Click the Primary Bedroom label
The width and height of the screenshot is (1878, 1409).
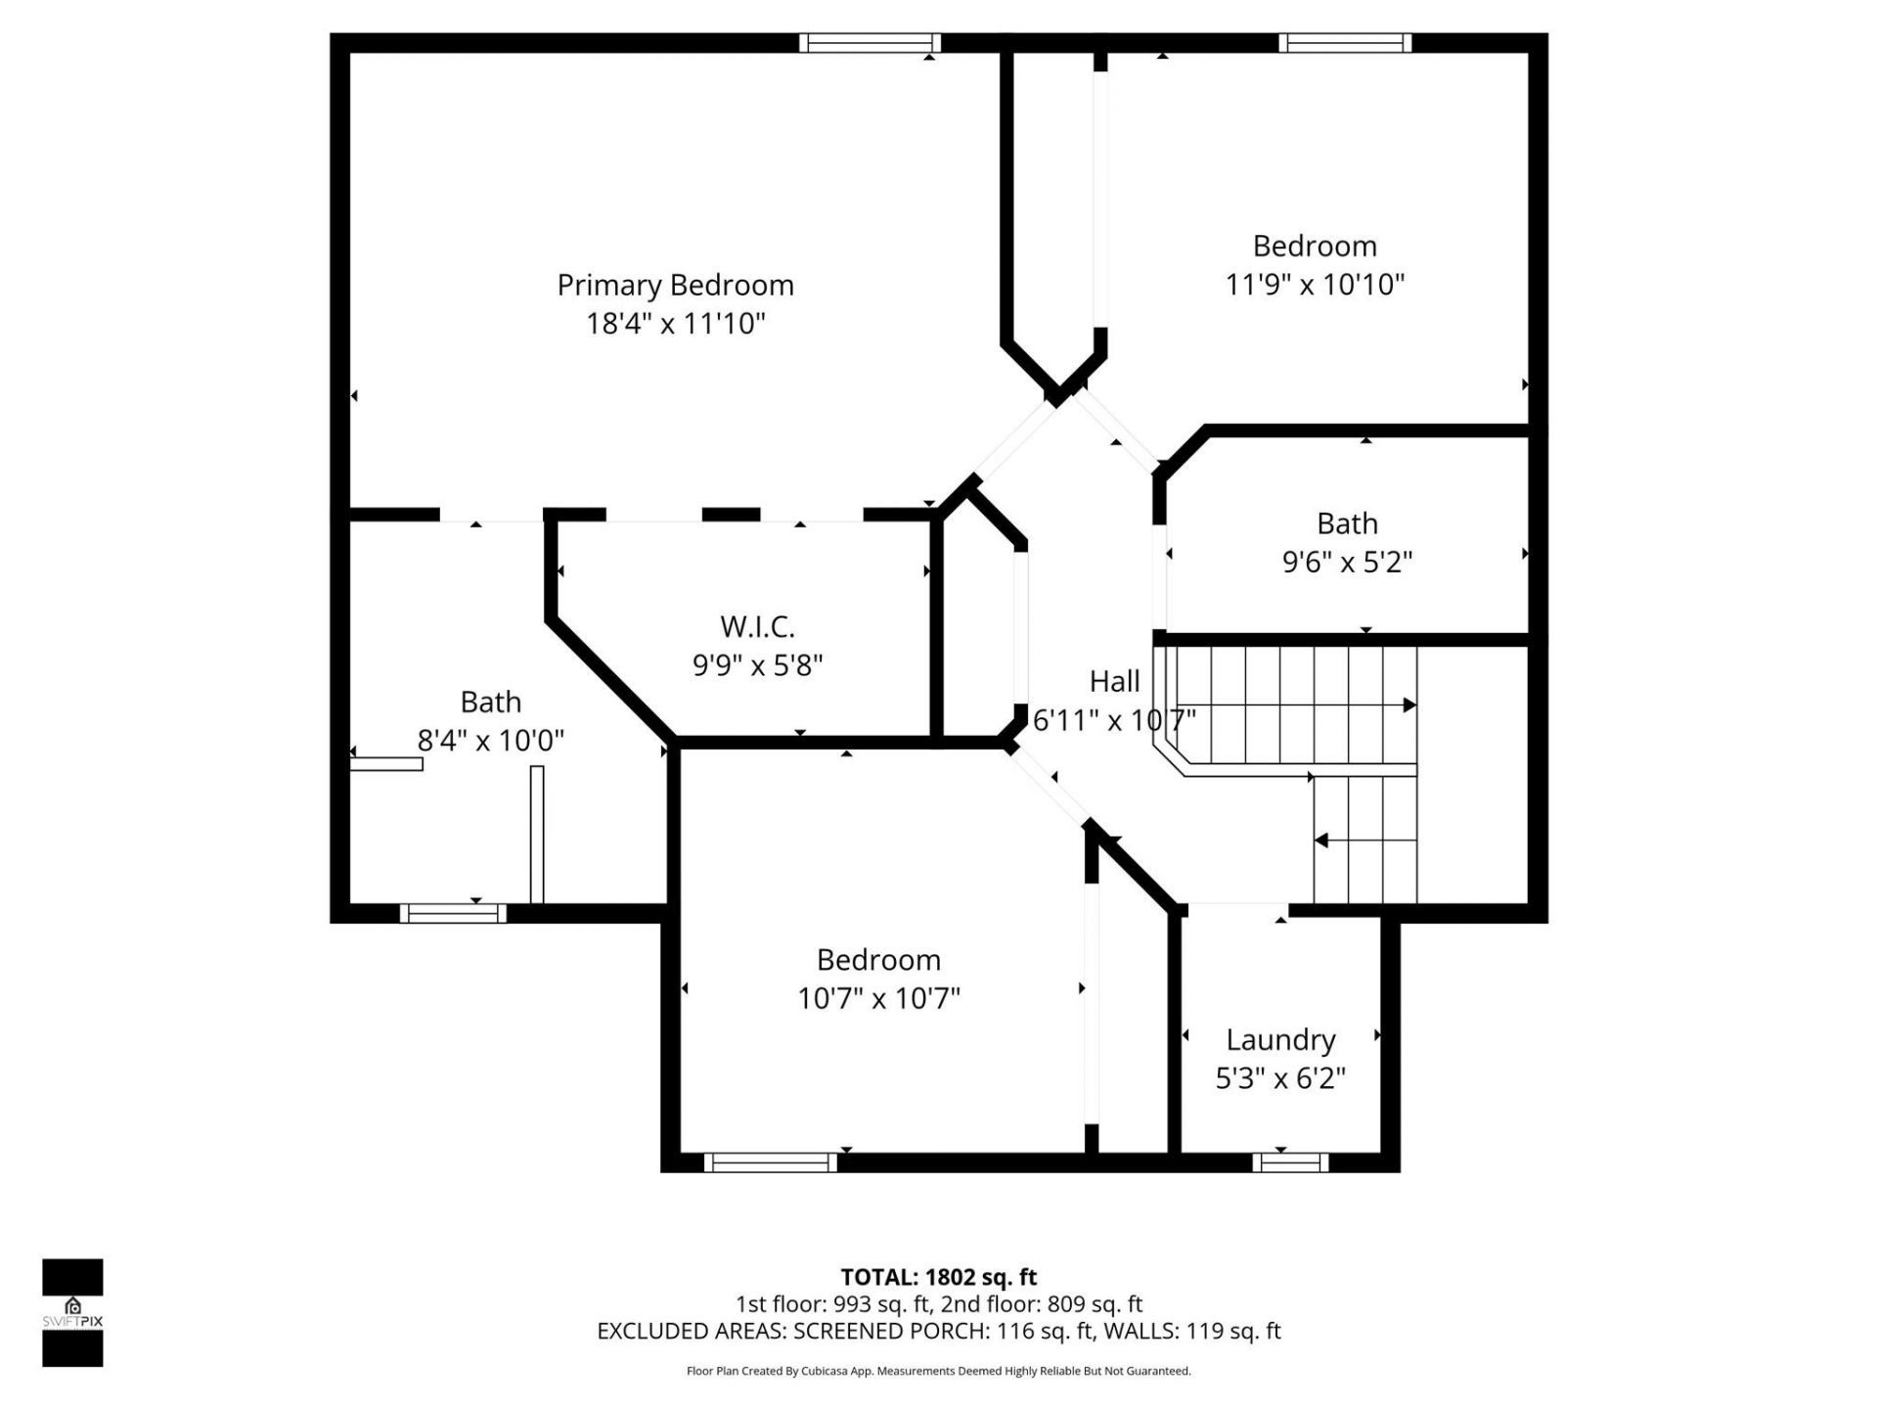[675, 285]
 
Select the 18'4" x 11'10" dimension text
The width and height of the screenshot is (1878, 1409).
[675, 323]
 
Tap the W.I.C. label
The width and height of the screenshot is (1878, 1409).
[757, 626]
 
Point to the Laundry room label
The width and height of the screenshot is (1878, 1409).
[1280, 1039]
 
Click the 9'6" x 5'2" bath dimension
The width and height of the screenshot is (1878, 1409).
[1347, 562]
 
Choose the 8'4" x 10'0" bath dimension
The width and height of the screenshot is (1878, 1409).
[490, 740]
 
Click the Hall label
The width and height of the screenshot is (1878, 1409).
[1114, 681]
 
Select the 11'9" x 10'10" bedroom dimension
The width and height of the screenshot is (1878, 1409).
[1315, 284]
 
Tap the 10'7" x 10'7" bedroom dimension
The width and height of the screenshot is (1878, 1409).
[878, 998]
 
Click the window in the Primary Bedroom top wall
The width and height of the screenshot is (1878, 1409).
[870, 43]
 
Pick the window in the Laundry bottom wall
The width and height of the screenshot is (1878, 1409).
[1290, 1162]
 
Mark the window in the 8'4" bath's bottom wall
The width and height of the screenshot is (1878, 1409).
[453, 913]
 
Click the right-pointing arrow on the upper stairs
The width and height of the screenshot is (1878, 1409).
[1408, 704]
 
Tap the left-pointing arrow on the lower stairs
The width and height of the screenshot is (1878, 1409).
[1321, 841]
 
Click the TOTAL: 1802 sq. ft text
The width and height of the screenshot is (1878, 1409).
[938, 1277]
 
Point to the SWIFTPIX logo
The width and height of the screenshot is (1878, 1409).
[72, 1312]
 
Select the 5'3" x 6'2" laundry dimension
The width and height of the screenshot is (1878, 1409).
[1280, 1078]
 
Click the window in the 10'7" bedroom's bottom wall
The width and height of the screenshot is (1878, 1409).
[770, 1162]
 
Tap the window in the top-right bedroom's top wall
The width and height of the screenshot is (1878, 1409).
[1345, 43]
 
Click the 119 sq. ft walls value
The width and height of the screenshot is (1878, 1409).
[1233, 1331]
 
